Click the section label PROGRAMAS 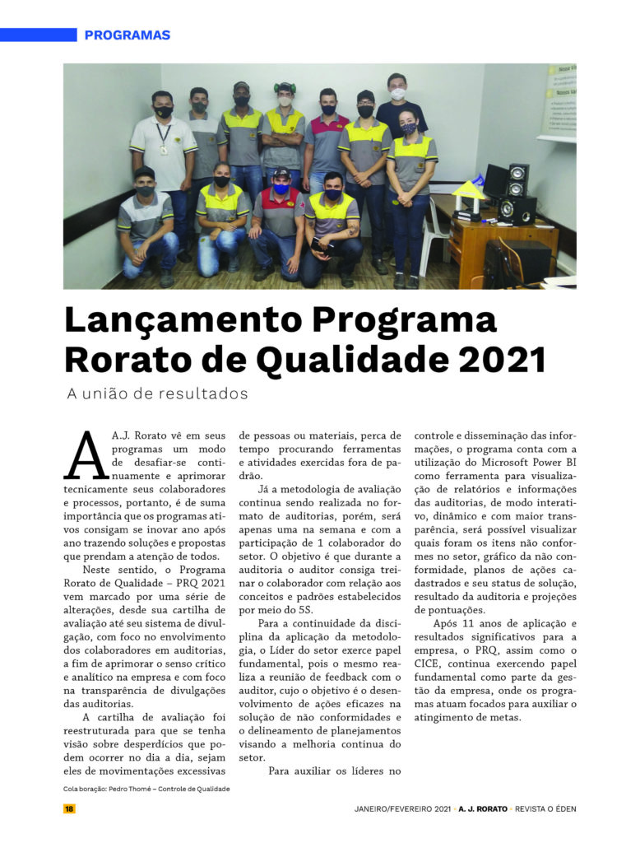click(x=127, y=35)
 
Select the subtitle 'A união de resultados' click(x=157, y=394)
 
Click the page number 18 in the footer click(x=69, y=808)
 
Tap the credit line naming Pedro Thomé click(x=146, y=789)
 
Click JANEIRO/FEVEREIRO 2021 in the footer click(x=397, y=808)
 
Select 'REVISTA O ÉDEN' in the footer click(x=545, y=808)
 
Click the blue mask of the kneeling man click(x=282, y=189)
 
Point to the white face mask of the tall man click(x=397, y=94)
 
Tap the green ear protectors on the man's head click(x=285, y=87)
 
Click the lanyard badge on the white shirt click(x=164, y=149)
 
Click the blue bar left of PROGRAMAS click(x=38, y=35)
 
